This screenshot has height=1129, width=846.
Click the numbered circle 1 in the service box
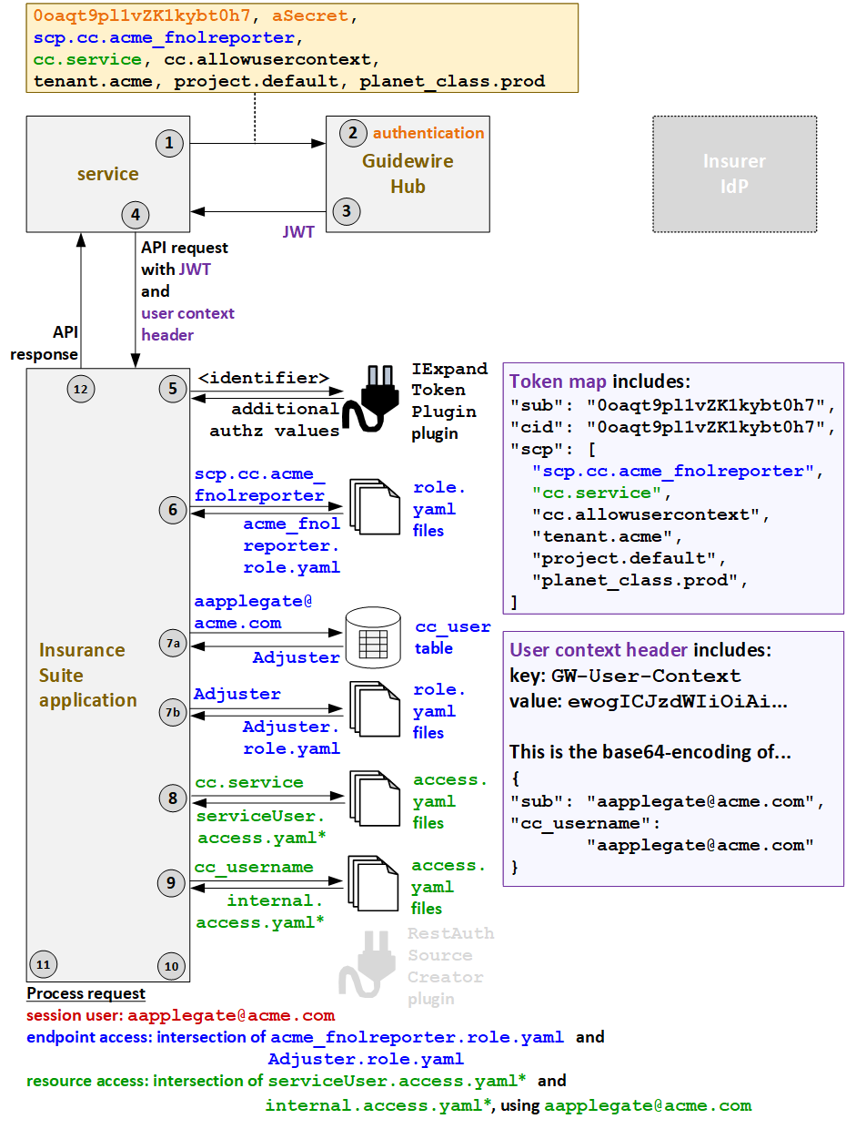pos(169,142)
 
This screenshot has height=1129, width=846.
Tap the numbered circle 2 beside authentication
pos(353,133)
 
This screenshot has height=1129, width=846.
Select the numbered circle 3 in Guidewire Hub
pos(346,211)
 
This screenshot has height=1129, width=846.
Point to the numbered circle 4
pos(136,215)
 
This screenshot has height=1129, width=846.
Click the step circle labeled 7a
pos(173,643)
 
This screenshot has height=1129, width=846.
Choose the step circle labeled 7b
pos(173,710)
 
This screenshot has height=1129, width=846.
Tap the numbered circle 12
pos(81,389)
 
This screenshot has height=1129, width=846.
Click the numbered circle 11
pos(43,964)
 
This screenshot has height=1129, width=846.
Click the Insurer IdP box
pos(734,174)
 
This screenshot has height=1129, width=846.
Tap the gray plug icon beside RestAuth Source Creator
pos(368,964)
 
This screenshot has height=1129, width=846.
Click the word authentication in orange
pos(428,133)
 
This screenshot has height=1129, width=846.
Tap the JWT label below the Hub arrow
pos(298,232)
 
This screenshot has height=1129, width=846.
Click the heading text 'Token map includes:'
pos(599,381)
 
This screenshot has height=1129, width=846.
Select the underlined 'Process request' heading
pos(86,993)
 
